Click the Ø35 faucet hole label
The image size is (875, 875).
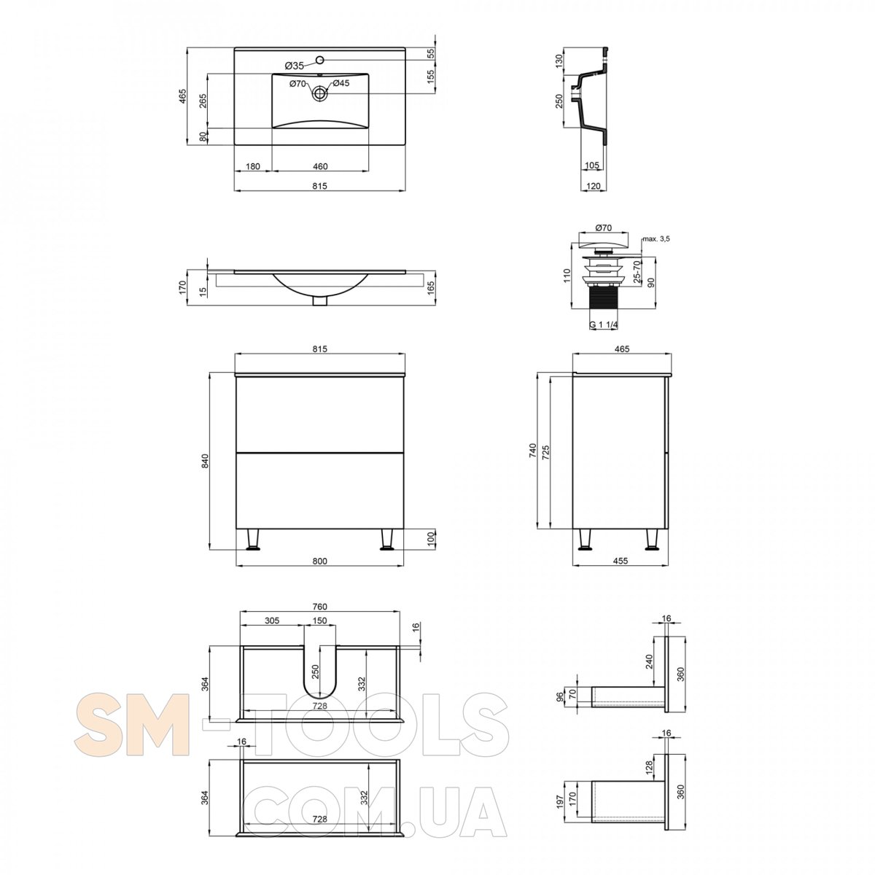pos(295,66)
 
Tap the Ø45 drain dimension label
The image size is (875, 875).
pos(341,83)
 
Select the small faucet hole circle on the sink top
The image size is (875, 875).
pos(319,60)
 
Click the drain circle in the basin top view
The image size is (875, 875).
pos(319,93)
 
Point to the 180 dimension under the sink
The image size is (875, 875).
pos(253,166)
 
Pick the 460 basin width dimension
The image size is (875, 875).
pos(320,166)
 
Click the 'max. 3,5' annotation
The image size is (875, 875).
pos(656,238)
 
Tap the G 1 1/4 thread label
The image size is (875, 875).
pos(604,324)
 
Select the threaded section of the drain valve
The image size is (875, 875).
pos(604,305)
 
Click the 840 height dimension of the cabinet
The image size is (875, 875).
pos(205,461)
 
